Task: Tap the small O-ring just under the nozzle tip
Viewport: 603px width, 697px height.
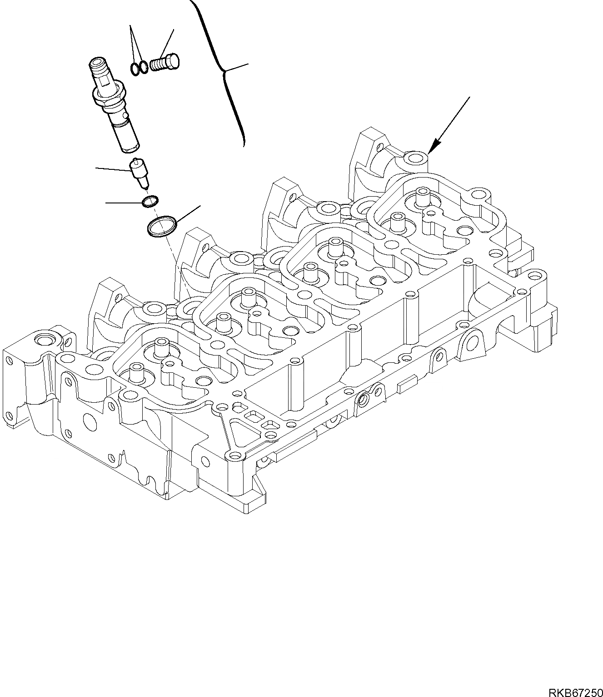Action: point(150,201)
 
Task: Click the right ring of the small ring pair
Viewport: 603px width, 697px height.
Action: point(144,67)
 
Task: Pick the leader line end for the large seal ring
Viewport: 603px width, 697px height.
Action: point(200,207)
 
